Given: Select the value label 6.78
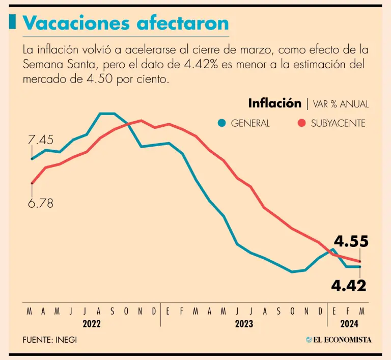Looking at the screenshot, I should coord(40,203).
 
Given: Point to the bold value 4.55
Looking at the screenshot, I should coord(350,241).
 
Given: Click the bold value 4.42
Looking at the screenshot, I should coord(349,286).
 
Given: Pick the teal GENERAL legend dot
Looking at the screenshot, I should coord(221,123).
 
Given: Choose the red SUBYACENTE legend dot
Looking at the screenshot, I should coord(301,123).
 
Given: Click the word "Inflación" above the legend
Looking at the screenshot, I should coord(275,103).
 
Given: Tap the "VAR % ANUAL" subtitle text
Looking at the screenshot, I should coord(341,104).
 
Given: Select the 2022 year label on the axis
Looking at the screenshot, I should coord(92,323).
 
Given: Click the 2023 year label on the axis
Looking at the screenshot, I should coord(244,323).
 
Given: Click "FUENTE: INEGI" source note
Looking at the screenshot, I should coord(50,340).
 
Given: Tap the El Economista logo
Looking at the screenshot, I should coord(339,340).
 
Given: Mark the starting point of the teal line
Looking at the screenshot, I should coord(32,159).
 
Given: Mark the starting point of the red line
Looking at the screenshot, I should coord(32,183).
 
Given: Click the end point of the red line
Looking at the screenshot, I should coord(360,261).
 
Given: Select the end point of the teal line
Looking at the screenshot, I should coord(360,267).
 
